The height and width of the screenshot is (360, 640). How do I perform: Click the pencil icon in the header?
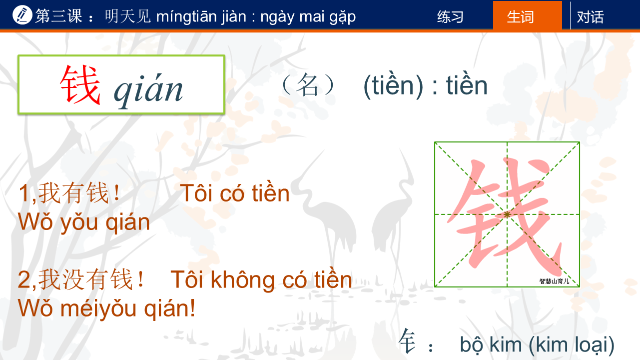click(x=22, y=15)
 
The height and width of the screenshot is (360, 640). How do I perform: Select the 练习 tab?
click(x=450, y=16)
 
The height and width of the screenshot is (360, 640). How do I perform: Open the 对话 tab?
click(x=590, y=16)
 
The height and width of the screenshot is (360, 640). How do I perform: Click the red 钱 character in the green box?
click(x=80, y=84)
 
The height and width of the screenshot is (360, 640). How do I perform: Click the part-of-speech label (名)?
click(x=308, y=85)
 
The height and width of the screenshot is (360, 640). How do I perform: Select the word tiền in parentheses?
click(x=393, y=85)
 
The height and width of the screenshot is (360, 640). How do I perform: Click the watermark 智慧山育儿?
click(x=554, y=281)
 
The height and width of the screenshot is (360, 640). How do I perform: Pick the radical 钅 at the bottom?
click(x=407, y=341)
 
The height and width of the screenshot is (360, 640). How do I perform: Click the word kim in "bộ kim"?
click(x=506, y=344)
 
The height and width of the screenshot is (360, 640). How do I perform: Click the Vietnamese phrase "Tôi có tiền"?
click(x=235, y=193)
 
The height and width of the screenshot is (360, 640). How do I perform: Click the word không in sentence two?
click(x=245, y=280)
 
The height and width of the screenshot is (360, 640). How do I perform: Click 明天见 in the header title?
click(x=128, y=16)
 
